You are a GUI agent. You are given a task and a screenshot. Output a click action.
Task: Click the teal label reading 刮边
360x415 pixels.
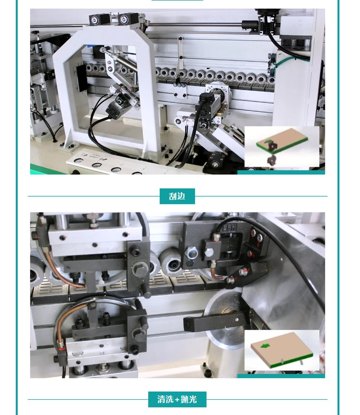tap(177, 196)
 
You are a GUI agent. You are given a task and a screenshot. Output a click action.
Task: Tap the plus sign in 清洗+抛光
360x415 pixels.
tap(177, 399)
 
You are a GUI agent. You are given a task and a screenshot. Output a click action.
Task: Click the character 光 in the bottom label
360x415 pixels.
tap(193, 399)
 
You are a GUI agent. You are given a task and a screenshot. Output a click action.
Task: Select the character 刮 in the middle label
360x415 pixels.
tap(173, 196)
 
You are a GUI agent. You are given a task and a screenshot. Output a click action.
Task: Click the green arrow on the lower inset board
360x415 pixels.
tap(264, 345)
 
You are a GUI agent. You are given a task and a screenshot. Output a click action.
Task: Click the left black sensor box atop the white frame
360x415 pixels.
tap(98, 19)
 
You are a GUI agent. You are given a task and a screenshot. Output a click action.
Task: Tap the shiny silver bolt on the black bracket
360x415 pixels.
tap(192, 252)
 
